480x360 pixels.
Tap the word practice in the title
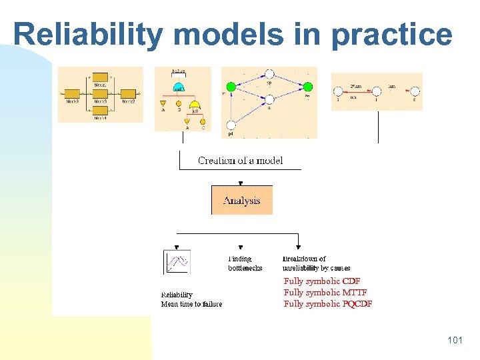pyautogui.click(x=391, y=33)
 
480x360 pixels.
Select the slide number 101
pyautogui.click(x=455, y=340)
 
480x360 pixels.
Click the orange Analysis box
pyautogui.click(x=241, y=200)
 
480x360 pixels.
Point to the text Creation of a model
pyautogui.click(x=240, y=161)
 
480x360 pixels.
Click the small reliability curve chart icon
pyautogui.click(x=177, y=262)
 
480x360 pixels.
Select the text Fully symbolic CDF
pyautogui.click(x=322, y=281)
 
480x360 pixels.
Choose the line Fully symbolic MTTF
pyautogui.click(x=325, y=293)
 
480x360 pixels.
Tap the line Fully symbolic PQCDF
pyautogui.click(x=328, y=304)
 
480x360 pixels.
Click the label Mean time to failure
pyautogui.click(x=191, y=305)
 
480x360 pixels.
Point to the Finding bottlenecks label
pyautogui.click(x=245, y=263)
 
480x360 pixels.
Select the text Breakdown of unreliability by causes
pyautogui.click(x=316, y=263)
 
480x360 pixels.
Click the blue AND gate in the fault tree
pyautogui.click(x=179, y=87)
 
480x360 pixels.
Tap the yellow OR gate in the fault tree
pyautogui.click(x=195, y=105)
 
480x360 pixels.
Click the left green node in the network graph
pyautogui.click(x=231, y=86)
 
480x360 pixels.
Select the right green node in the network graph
pyautogui.click(x=308, y=86)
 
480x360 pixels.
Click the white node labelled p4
pyautogui.click(x=231, y=125)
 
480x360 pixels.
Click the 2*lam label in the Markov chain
pyautogui.click(x=356, y=87)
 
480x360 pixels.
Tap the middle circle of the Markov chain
pyautogui.click(x=377, y=91)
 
